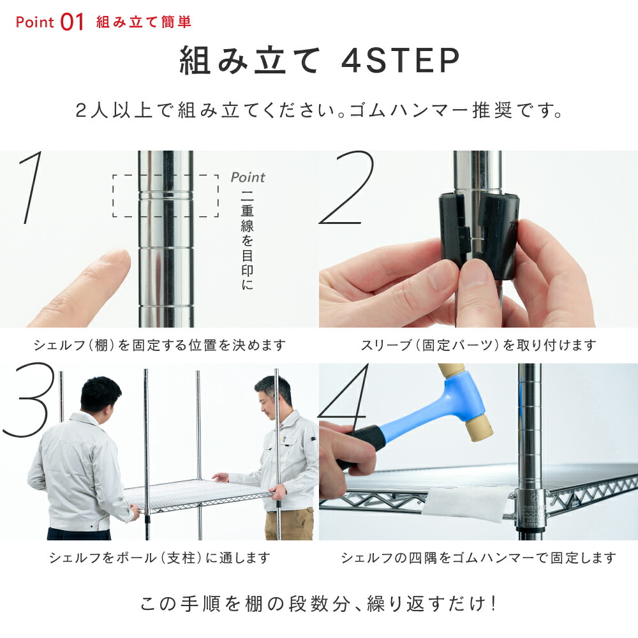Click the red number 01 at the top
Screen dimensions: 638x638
coord(73,22)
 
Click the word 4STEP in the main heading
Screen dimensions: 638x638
coord(401,61)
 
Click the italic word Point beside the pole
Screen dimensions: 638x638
coord(248,177)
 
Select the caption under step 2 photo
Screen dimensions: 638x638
coord(478,345)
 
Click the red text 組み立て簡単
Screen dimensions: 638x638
coord(144,22)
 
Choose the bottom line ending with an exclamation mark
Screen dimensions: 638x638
coord(319,604)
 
